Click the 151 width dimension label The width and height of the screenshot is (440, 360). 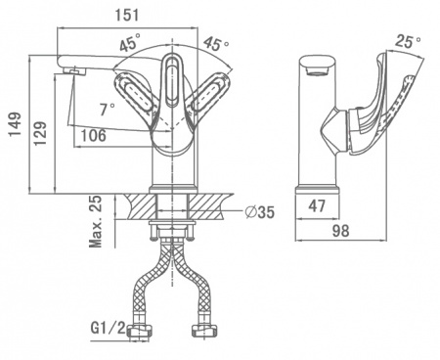(127, 15)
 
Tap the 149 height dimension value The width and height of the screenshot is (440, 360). (15, 124)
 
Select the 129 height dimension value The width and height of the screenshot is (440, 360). (40, 134)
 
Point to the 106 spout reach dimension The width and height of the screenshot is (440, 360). (93, 135)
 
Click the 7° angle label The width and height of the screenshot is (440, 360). (108, 109)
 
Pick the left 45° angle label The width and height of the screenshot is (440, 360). (130, 42)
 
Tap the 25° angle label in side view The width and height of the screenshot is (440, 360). (408, 41)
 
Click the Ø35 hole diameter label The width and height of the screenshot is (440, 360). (260, 212)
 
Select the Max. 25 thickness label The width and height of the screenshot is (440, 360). (96, 222)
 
